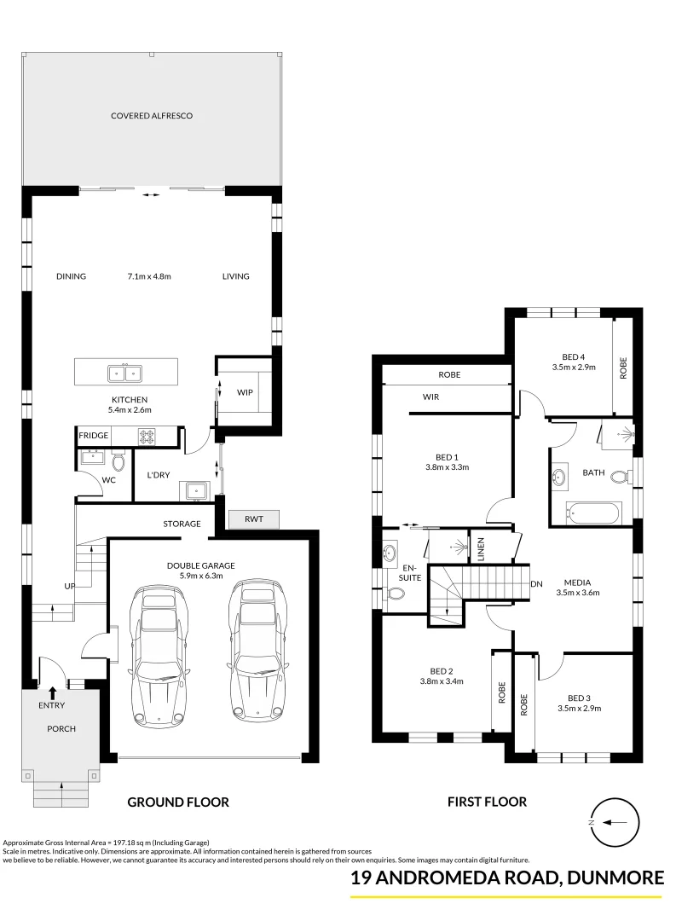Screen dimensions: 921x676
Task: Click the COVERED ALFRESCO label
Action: (x=152, y=115)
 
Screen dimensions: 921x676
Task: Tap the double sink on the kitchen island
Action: (x=126, y=373)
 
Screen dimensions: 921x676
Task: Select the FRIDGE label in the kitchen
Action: (x=94, y=436)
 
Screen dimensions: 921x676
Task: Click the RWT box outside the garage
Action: (x=253, y=518)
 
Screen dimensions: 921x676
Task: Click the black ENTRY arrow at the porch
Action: (x=53, y=692)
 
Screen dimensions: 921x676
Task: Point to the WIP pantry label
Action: (x=245, y=393)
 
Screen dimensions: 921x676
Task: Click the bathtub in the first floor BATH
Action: (x=592, y=513)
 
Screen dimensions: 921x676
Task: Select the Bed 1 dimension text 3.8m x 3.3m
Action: (x=448, y=466)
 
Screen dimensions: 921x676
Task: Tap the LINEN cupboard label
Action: (x=481, y=546)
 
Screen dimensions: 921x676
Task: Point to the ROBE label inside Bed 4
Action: (x=623, y=368)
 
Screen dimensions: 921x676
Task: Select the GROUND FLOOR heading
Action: (x=178, y=802)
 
